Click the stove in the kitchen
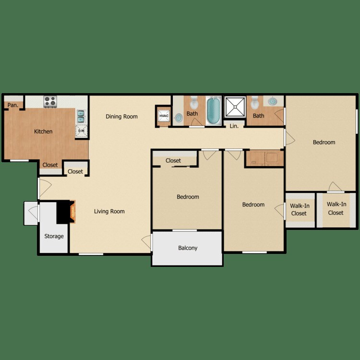(x=50, y=101)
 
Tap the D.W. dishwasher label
(x=81, y=131)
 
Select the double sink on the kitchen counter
(x=81, y=116)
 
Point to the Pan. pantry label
(x=12, y=105)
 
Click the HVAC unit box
(x=162, y=115)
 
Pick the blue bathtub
(x=213, y=110)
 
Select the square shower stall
(x=235, y=106)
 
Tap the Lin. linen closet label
(x=234, y=127)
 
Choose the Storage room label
(x=54, y=236)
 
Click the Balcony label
(x=188, y=248)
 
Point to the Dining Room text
(x=121, y=117)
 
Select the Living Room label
(x=109, y=212)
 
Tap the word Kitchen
(x=43, y=132)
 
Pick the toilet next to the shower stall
(x=255, y=102)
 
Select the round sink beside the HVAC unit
(x=179, y=117)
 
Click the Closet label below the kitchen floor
(x=50, y=165)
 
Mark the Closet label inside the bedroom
(x=173, y=161)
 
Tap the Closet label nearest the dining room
(x=75, y=171)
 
